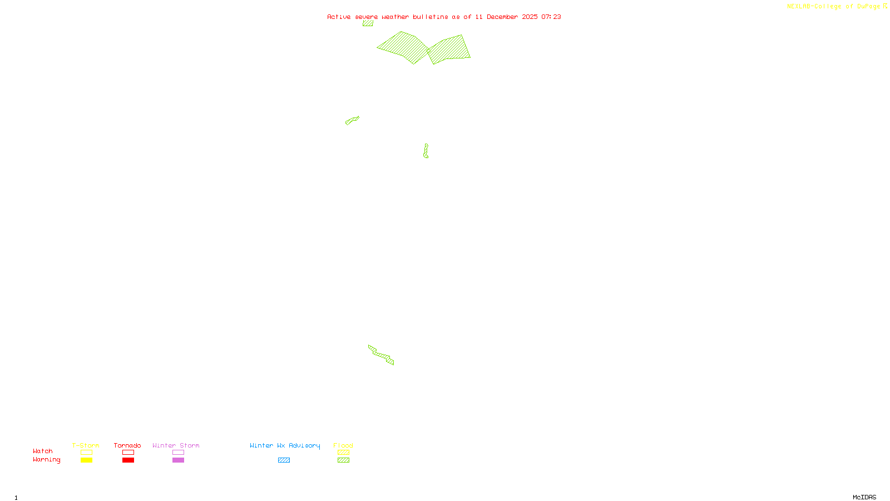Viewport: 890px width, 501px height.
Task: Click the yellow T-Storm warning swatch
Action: [86, 460]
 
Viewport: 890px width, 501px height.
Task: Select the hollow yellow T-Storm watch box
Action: [86, 453]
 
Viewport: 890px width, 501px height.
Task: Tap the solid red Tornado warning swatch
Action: [128, 460]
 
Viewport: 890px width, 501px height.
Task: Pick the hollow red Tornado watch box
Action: [128, 453]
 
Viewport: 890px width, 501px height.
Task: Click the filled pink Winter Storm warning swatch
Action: [178, 460]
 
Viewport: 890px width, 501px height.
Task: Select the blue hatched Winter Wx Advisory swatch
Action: [284, 460]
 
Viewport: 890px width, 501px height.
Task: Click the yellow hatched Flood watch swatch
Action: [344, 453]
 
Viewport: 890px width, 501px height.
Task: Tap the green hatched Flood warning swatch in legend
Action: [344, 460]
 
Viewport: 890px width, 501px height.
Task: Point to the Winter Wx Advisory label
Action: [285, 445]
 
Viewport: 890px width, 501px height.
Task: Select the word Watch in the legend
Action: [43, 451]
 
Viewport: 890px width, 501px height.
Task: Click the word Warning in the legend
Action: [47, 460]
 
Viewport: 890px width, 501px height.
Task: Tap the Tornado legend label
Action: [127, 445]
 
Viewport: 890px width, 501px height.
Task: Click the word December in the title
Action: [502, 17]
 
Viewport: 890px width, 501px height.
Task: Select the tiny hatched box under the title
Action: [368, 23]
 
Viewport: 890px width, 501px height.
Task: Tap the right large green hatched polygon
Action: [449, 50]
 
